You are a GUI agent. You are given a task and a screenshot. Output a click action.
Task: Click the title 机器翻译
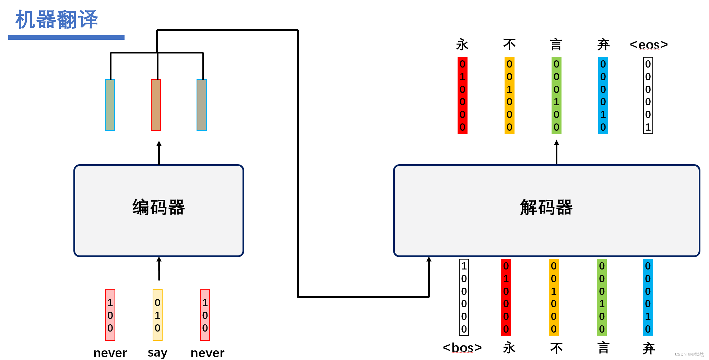tap(57, 20)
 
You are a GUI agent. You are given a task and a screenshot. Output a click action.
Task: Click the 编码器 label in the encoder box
tap(158, 207)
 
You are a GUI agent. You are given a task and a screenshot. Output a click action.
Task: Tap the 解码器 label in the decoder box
tap(546, 207)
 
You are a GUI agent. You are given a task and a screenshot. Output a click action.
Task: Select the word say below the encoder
tap(157, 352)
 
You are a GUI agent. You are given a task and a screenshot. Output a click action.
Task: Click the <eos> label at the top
tap(649, 45)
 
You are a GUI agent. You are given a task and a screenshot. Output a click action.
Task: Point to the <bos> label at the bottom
tap(462, 348)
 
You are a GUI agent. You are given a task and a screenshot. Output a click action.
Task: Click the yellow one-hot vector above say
tap(157, 315)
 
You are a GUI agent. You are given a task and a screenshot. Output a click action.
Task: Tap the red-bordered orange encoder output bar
tap(156, 105)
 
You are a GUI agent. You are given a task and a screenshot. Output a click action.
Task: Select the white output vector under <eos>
tap(648, 95)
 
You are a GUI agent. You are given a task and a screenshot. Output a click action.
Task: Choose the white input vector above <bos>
tap(464, 297)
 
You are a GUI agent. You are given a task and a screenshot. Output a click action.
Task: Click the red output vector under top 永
tap(462, 95)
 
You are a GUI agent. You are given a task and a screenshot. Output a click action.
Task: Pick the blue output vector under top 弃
tap(603, 95)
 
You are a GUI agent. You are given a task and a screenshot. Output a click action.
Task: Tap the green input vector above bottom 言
tap(602, 297)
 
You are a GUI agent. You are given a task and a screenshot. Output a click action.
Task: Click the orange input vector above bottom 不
tap(554, 297)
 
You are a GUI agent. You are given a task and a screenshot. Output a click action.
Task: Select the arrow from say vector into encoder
tap(159, 269)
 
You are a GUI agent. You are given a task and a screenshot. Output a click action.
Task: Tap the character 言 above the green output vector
tap(556, 45)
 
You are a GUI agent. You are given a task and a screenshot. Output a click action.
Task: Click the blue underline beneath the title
tap(66, 37)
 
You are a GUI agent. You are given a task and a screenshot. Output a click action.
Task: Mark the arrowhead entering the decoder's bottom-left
tap(429, 260)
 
